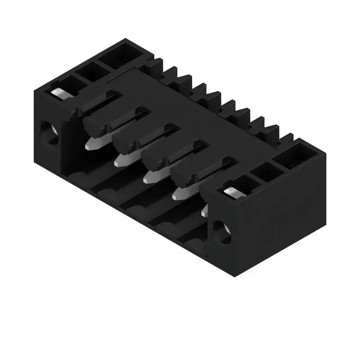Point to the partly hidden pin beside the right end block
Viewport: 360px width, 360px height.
coord(204,211)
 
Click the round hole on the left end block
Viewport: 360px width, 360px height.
coord(49,134)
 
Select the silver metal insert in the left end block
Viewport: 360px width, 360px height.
coord(58,92)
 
